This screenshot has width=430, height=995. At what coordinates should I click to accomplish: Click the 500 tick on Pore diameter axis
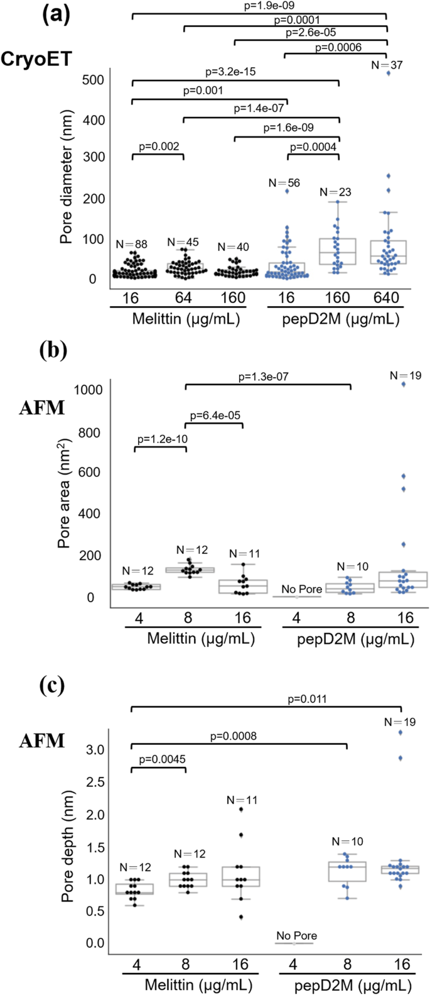pos(92,80)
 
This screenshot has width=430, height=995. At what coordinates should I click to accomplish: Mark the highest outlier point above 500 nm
pos(389,74)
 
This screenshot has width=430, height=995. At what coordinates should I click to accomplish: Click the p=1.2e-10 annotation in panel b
pos(160,439)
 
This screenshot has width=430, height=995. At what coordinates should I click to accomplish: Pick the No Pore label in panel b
pos(301,589)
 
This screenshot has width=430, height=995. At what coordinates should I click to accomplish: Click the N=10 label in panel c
pos(348,842)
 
